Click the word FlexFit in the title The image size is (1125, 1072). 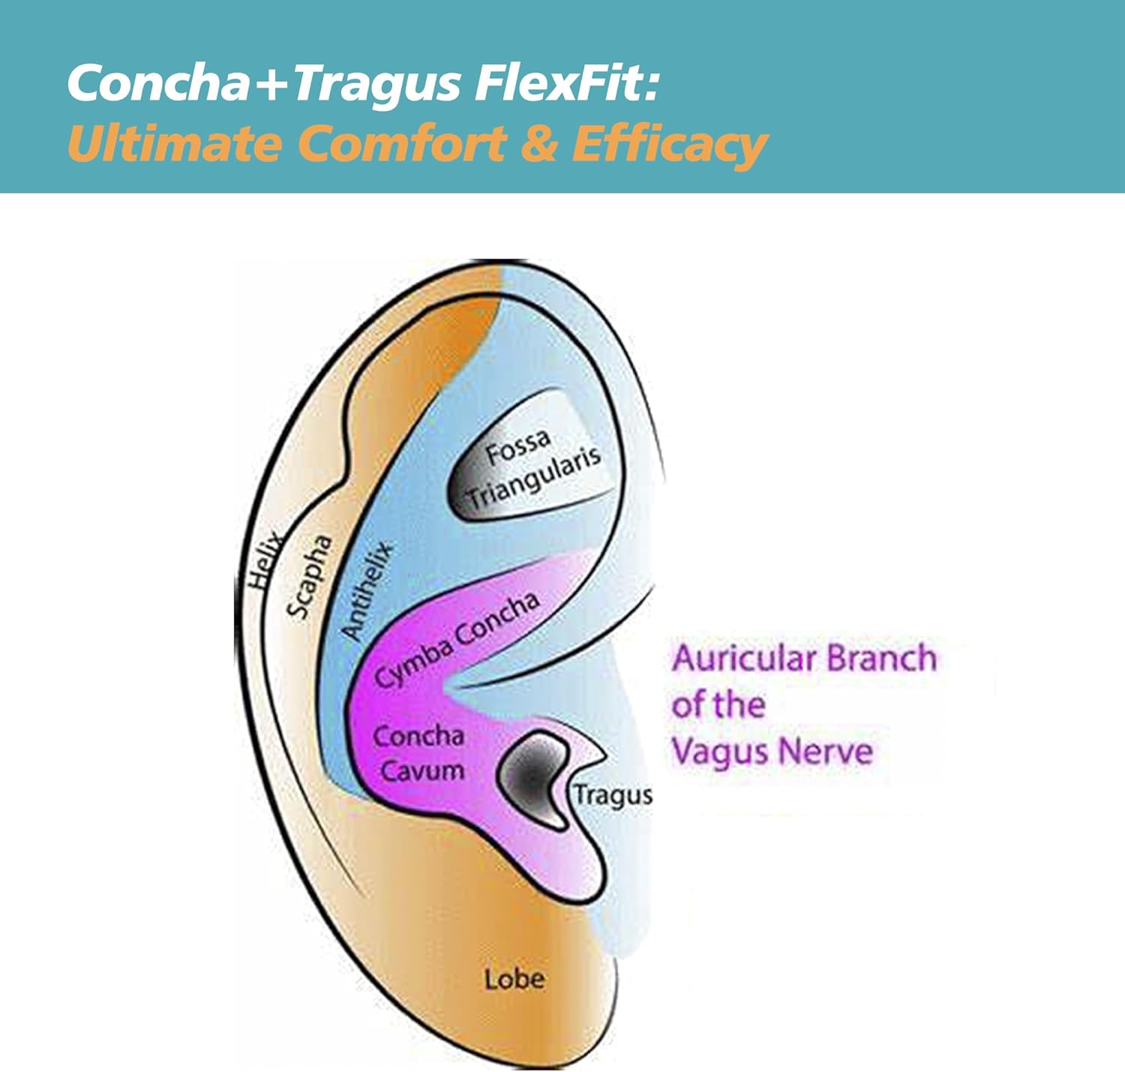point(566,83)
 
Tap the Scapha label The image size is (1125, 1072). point(309,576)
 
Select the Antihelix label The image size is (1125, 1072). point(367,591)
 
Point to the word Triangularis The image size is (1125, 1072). point(535,478)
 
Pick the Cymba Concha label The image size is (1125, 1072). point(457,639)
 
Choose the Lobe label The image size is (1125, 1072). point(514,979)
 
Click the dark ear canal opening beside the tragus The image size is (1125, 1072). point(531,776)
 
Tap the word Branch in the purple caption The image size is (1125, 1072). point(882,659)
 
